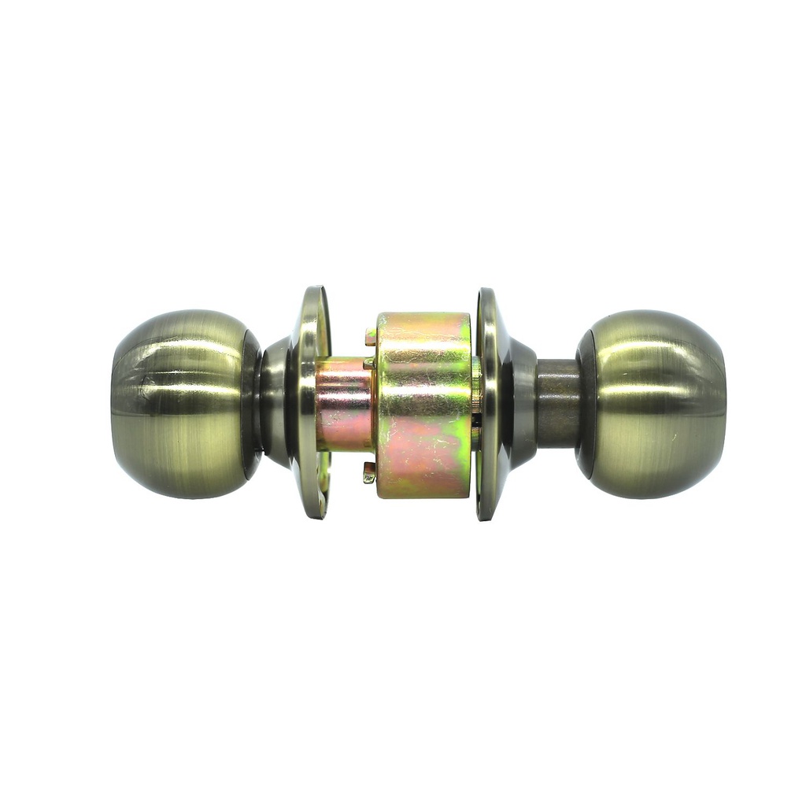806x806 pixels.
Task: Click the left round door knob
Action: (181, 404)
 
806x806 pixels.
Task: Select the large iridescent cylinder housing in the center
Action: (423, 405)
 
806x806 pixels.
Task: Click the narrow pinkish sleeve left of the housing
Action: (344, 403)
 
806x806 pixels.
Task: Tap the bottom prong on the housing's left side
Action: (369, 472)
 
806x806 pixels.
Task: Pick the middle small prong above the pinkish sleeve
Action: (368, 364)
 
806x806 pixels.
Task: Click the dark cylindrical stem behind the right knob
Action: (557, 403)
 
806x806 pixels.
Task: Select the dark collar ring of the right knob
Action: (585, 404)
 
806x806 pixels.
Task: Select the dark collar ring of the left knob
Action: (252, 404)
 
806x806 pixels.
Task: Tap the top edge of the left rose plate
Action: (314, 292)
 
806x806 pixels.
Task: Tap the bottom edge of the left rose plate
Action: (314, 513)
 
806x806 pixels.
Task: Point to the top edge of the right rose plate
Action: (485, 294)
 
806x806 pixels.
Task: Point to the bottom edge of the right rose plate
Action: (485, 515)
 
